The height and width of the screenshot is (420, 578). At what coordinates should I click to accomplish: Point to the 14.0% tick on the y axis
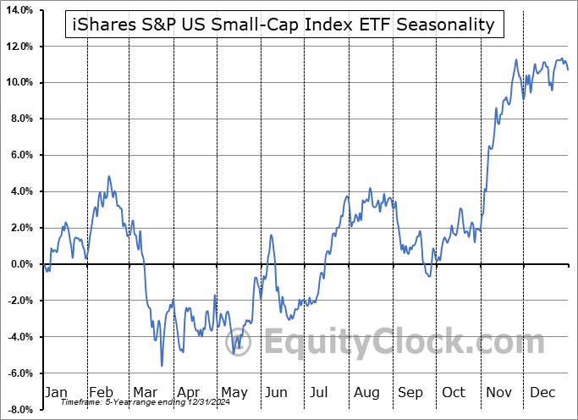tap(17, 9)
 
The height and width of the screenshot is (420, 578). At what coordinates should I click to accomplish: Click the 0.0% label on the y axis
tap(19, 264)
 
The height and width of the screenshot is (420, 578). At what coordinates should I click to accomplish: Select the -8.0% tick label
tap(18, 410)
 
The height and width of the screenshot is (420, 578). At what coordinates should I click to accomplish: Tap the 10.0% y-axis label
tap(17, 82)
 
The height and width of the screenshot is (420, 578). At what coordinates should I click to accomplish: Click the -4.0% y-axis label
tap(18, 337)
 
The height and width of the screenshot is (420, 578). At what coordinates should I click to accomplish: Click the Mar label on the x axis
tap(144, 392)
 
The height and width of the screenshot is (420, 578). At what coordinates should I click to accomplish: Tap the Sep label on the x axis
tap(410, 392)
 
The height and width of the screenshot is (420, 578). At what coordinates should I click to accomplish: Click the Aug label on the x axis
tap(366, 392)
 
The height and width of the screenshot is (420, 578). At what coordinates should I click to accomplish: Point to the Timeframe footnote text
tap(128, 402)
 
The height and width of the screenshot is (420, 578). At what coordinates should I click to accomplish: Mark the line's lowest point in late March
tap(162, 366)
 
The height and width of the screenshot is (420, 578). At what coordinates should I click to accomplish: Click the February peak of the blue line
tap(108, 176)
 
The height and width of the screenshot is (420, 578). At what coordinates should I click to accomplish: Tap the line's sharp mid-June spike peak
tap(271, 235)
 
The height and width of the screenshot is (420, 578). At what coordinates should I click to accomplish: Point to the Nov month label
tap(500, 392)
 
